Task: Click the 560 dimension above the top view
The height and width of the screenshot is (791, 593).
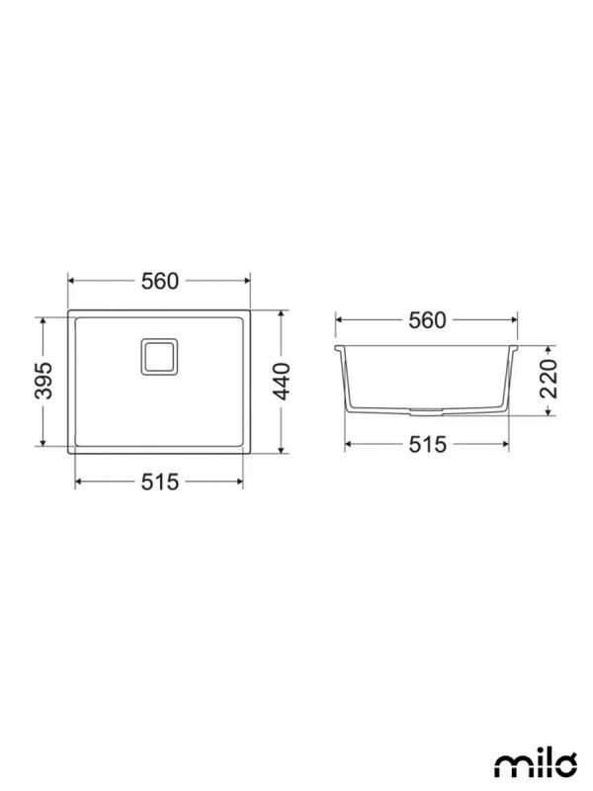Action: (x=159, y=282)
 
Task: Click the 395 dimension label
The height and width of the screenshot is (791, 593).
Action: (x=43, y=381)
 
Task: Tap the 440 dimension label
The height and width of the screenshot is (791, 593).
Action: (x=282, y=382)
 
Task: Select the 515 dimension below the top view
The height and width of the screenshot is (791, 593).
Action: (x=159, y=482)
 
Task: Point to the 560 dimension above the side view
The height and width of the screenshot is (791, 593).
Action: (x=427, y=320)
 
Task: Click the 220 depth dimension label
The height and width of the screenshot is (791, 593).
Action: (x=549, y=379)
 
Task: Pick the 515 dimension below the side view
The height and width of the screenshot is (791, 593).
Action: (x=427, y=444)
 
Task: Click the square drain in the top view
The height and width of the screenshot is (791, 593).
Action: (x=159, y=357)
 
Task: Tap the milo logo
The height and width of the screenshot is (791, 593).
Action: (x=535, y=765)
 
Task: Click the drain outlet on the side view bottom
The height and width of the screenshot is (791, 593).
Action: (x=427, y=411)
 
